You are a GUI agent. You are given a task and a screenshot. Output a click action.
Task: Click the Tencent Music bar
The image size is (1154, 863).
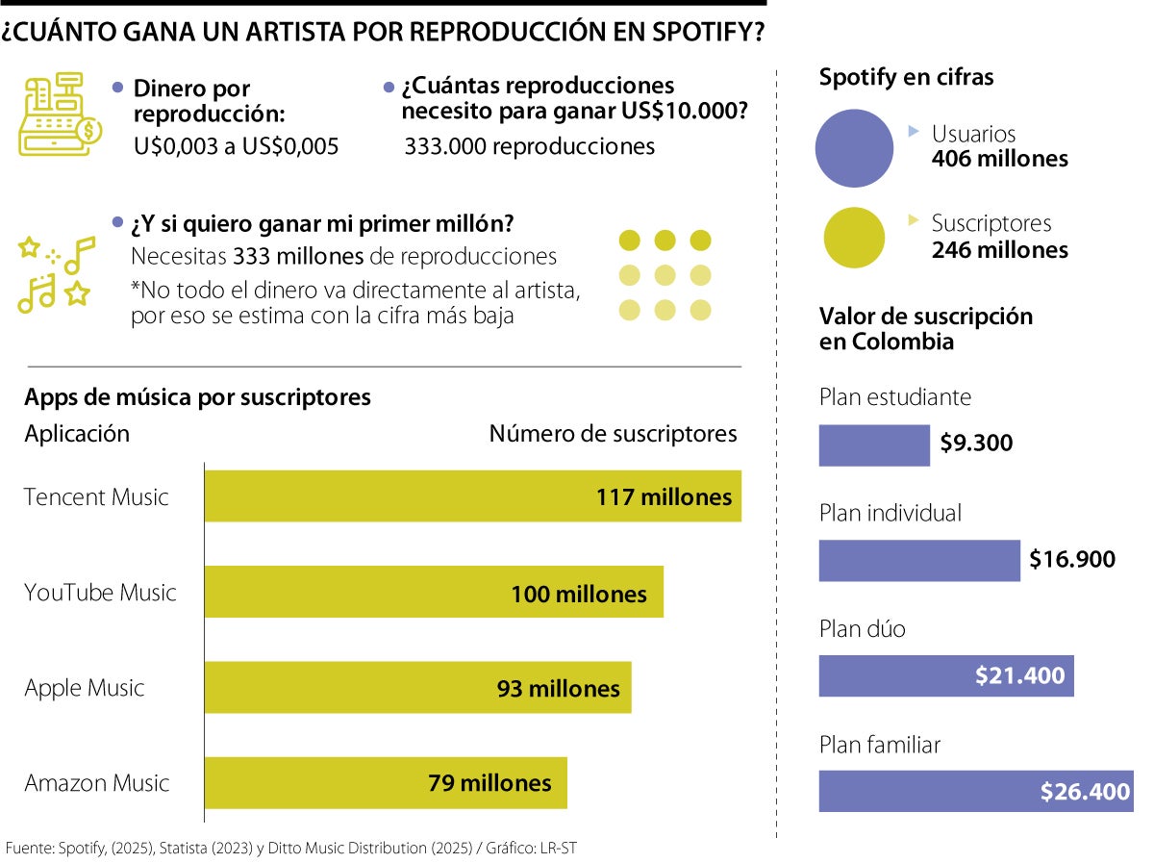coord(472,496)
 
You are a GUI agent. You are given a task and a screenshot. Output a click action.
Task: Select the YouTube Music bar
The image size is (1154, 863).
coord(434,593)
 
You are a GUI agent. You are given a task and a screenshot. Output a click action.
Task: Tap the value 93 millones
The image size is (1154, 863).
coord(558,689)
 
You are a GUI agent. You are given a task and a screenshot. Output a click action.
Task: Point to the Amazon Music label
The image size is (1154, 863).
coord(96,783)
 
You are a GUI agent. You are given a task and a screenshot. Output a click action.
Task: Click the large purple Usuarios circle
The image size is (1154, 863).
coord(855,147)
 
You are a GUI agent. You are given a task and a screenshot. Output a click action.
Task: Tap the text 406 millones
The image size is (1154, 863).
coord(999,159)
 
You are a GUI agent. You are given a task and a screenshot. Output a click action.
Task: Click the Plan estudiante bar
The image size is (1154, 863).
coord(874,444)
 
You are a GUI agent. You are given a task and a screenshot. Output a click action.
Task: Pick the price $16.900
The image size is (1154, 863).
coord(1071,559)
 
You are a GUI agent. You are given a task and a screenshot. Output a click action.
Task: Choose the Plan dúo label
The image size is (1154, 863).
coord(862,629)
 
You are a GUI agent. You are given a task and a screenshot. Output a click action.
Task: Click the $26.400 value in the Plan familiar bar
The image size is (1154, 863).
coord(1084,792)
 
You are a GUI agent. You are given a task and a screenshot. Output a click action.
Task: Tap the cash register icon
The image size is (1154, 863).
coord(60,114)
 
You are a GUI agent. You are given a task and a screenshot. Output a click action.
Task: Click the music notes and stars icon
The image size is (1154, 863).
coord(56,273)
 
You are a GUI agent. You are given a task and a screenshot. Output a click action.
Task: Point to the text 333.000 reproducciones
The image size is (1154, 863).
coord(529,146)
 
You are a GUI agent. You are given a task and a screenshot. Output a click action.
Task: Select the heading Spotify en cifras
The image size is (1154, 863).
coord(906,77)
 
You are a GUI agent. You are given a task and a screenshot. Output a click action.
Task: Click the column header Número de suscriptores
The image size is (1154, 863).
coord(613,434)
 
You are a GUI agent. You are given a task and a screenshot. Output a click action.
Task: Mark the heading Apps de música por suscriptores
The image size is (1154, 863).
coord(197,397)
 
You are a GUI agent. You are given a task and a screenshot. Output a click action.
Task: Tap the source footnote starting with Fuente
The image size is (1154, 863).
coord(290,848)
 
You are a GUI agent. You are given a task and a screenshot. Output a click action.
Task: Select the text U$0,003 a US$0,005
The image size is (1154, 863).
coord(236,146)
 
